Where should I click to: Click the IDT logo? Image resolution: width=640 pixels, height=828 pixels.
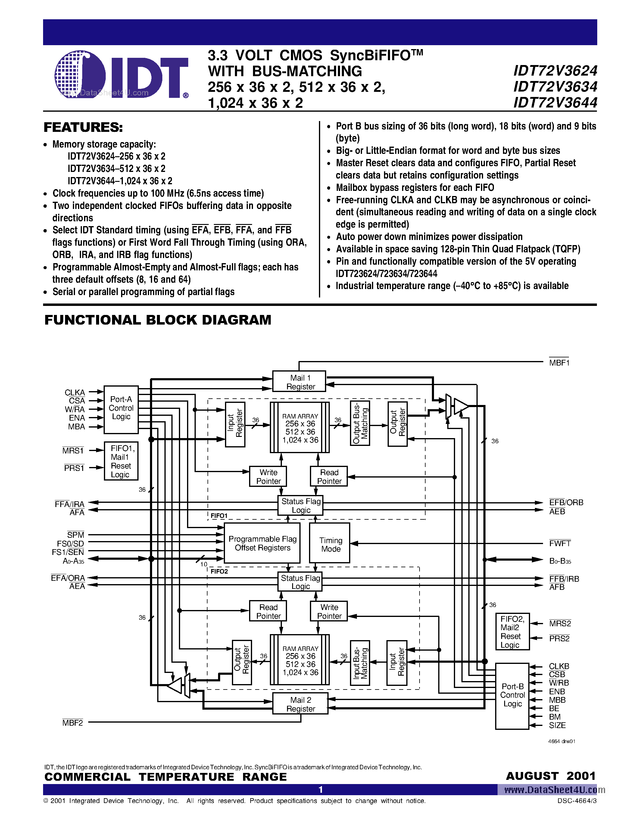pyautogui.click(x=121, y=75)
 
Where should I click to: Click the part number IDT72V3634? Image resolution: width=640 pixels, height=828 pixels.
pyautogui.click(x=555, y=87)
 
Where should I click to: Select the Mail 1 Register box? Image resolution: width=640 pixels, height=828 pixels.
pyautogui.click(x=299, y=381)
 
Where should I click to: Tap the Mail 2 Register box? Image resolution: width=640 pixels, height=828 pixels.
pyautogui.click(x=300, y=704)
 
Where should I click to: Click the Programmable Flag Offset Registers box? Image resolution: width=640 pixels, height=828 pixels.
pyautogui.click(x=262, y=543)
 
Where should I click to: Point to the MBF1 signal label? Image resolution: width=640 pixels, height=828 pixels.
pyautogui.click(x=559, y=363)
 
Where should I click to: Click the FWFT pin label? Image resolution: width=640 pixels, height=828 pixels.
pyautogui.click(x=560, y=543)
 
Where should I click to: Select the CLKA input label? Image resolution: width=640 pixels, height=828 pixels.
pyautogui.click(x=75, y=392)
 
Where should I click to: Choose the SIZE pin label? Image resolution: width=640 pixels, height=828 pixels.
pyautogui.click(x=557, y=725)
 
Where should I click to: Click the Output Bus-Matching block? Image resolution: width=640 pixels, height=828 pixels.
pyautogui.click(x=360, y=423)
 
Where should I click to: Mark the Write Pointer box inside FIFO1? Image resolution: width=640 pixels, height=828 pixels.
pyautogui.click(x=268, y=477)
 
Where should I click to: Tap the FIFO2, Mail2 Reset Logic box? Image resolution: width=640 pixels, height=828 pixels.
pyautogui.click(x=512, y=632)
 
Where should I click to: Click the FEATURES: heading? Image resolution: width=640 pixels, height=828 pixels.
pyautogui.click(x=83, y=127)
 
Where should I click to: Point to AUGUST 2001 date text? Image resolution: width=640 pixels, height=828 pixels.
pyautogui.click(x=551, y=776)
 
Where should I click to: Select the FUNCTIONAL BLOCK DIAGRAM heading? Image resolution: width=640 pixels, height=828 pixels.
pyautogui.click(x=158, y=320)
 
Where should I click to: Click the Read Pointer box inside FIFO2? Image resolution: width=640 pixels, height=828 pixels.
pyautogui.click(x=268, y=611)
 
